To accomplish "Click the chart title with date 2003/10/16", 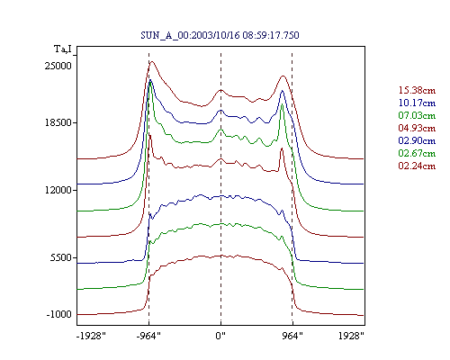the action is point(220,35).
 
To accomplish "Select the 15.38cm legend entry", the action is point(417,90).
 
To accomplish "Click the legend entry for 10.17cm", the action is point(417,103).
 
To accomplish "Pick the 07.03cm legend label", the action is point(417,115).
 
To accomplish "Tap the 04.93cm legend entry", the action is point(417,128).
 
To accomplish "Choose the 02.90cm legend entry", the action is point(417,140).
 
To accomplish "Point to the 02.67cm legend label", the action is point(417,153).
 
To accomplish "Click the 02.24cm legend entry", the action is point(417,166).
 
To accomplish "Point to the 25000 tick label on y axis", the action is point(58,66).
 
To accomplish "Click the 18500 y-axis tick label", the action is point(58,122).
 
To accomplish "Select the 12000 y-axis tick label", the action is point(58,190).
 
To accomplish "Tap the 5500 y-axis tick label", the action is point(61,257).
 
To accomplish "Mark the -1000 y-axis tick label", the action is point(59,314).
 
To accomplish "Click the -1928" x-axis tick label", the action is point(91,336).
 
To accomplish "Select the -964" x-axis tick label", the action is point(148,336).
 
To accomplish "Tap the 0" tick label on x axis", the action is point(220,336).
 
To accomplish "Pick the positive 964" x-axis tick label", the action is point(292,336).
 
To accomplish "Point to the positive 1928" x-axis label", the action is point(351,336).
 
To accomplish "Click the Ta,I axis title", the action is point(63,49).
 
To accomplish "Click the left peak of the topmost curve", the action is point(152,62).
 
